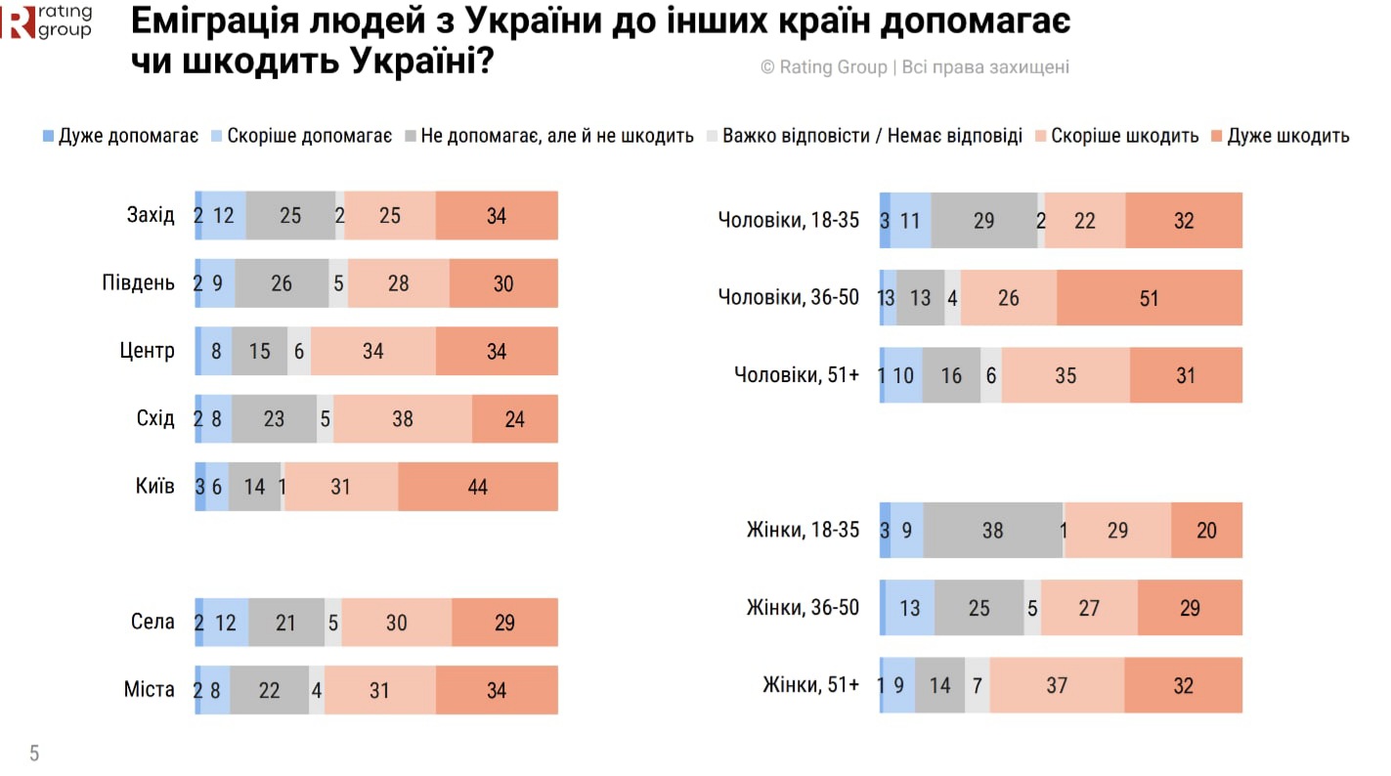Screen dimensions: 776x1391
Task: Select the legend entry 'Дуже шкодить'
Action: [x=1287, y=136]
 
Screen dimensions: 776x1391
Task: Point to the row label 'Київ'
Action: [x=155, y=486]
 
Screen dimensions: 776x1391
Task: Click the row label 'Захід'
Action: [x=151, y=215]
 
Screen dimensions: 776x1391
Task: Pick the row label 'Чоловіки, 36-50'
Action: [x=788, y=297]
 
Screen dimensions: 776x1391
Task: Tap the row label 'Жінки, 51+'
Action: [x=810, y=685]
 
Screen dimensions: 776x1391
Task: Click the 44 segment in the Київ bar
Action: [x=477, y=486]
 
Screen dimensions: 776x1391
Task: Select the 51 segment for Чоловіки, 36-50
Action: [x=1149, y=297]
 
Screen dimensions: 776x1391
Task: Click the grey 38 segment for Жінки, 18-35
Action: [x=992, y=531]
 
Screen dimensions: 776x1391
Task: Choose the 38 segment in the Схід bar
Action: [x=402, y=419]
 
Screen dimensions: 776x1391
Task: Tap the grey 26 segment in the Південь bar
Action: [x=282, y=283]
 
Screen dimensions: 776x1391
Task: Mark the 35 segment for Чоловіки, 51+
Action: [x=1065, y=375]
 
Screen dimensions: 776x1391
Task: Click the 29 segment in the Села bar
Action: [x=504, y=622]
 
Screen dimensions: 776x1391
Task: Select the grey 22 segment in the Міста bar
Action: [x=269, y=690]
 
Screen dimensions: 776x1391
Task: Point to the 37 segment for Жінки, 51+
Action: [x=1057, y=685]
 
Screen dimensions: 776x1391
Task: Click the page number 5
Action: [x=34, y=754]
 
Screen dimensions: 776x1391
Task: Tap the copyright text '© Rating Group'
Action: [x=824, y=67]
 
